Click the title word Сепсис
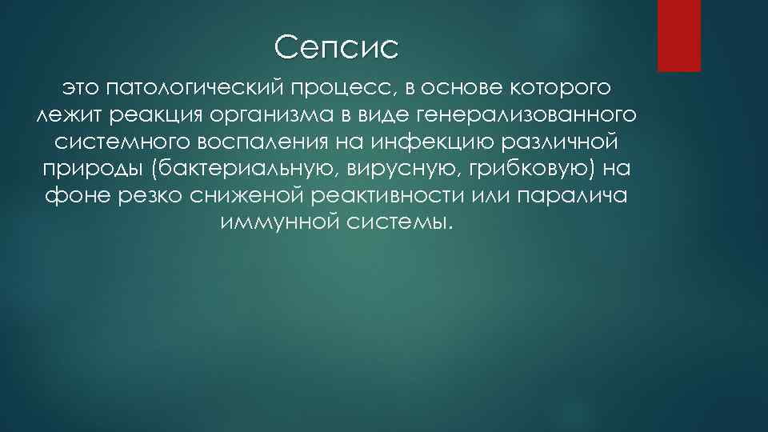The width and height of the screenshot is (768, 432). click(335, 48)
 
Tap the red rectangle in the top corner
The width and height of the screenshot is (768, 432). click(678, 35)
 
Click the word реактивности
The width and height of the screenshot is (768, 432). click(387, 196)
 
